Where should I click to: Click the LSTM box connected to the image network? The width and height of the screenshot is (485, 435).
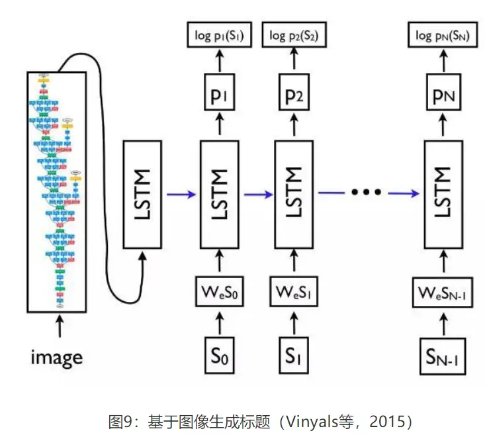point(142,193)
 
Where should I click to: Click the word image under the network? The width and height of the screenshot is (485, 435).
point(58,358)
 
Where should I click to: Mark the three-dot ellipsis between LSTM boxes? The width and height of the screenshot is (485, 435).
point(367,193)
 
